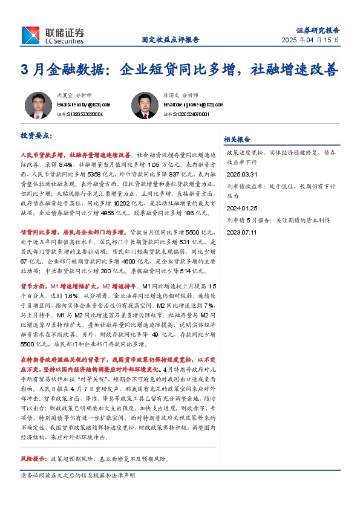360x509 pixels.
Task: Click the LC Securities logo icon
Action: [x=31, y=36]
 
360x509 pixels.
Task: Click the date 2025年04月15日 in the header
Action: [x=310, y=40]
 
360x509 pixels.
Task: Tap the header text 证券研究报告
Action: [x=318, y=30]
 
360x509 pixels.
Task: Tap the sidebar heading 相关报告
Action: [x=237, y=138]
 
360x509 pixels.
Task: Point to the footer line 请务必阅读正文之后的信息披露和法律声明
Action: [x=77, y=476]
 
